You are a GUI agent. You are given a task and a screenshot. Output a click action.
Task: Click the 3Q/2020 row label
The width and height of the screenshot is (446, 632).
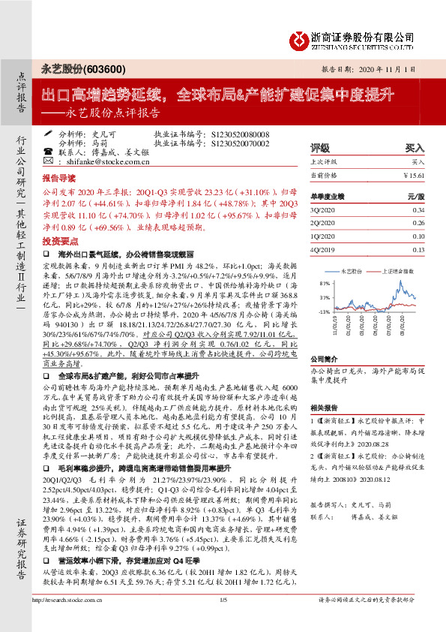coord(324,211)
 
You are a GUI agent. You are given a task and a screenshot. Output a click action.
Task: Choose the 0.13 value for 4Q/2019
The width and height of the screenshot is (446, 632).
coord(418,249)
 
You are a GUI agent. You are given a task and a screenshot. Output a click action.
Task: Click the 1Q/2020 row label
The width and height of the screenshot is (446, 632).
coord(324,236)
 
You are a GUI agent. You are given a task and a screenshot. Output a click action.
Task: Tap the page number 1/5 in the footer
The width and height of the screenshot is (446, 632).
coord(223,621)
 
